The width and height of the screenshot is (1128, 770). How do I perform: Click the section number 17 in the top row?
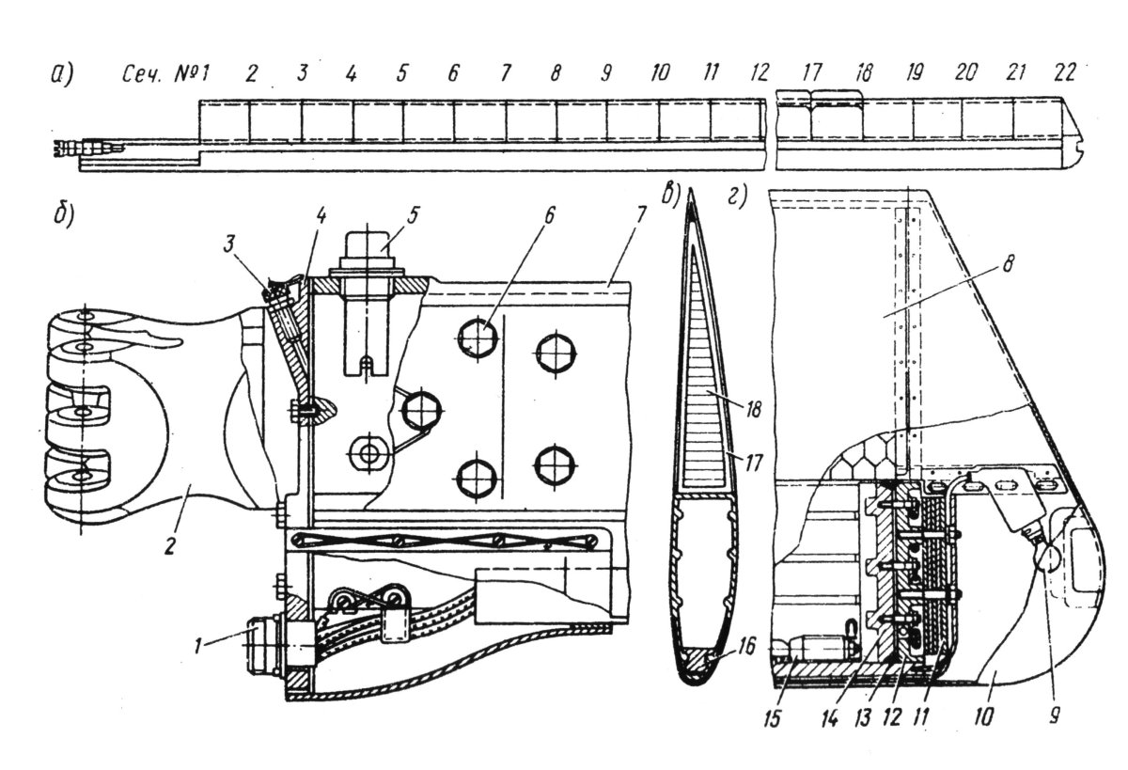coord(812,73)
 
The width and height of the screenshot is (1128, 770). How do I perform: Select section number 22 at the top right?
coord(1063,73)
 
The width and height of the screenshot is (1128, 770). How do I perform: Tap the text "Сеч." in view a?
coord(142,74)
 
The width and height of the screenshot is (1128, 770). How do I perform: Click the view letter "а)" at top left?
coord(62,74)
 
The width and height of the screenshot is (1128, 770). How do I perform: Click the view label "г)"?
coord(736,197)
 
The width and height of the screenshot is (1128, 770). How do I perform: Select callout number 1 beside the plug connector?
coord(199,646)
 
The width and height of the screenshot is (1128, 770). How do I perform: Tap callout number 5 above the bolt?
coord(413,215)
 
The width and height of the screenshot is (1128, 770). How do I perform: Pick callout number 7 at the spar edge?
coord(640,215)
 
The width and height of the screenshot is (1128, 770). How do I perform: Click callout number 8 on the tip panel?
coord(1007,263)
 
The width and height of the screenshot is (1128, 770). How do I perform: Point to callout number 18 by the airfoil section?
coord(753,409)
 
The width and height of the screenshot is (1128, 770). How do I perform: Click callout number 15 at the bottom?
coord(772,718)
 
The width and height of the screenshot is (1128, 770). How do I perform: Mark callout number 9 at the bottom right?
coord(1055,715)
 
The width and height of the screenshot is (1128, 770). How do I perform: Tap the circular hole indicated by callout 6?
coord(478,338)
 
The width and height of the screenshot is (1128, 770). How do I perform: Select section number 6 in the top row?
coord(453,74)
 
